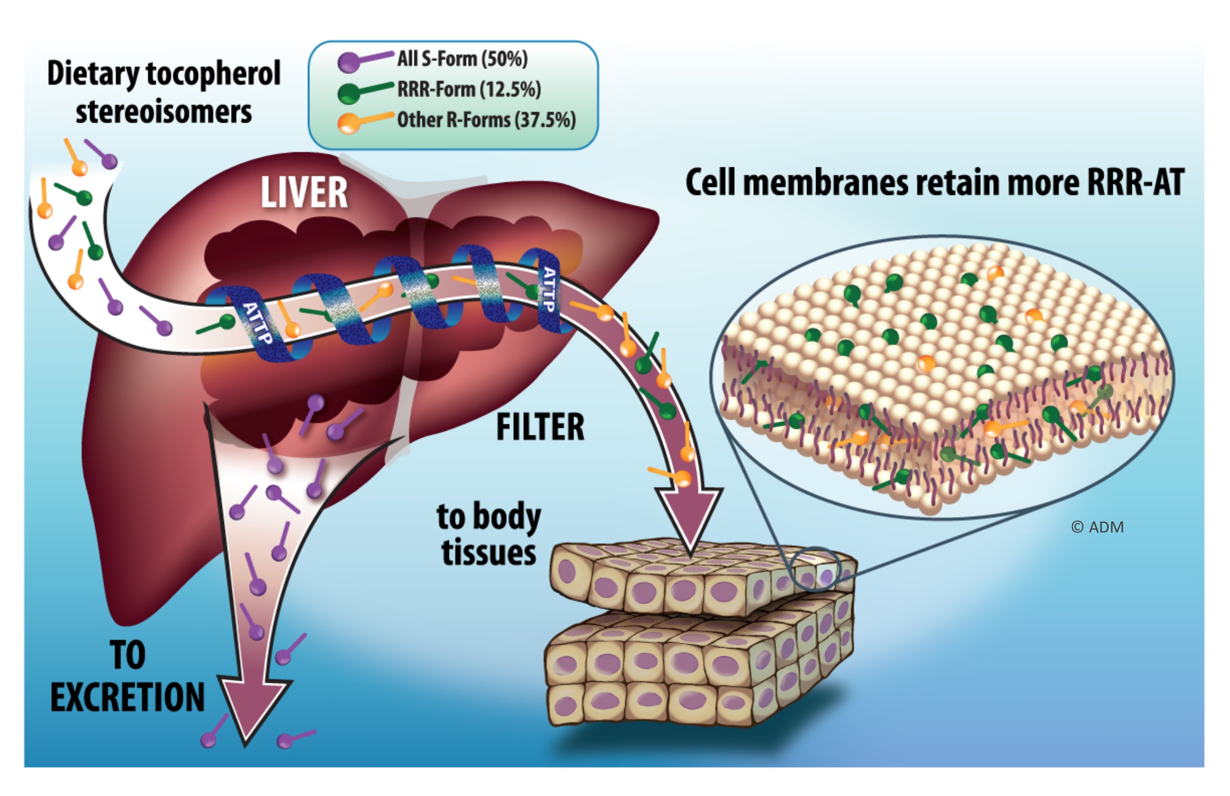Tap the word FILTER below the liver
tap(540, 427)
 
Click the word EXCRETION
tap(127, 698)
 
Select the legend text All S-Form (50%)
tap(462, 59)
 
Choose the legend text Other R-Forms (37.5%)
tap(486, 120)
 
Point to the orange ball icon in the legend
tap(348, 124)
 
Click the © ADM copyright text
tap(1097, 527)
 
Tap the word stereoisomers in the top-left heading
tap(163, 112)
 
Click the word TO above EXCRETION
tap(127, 655)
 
